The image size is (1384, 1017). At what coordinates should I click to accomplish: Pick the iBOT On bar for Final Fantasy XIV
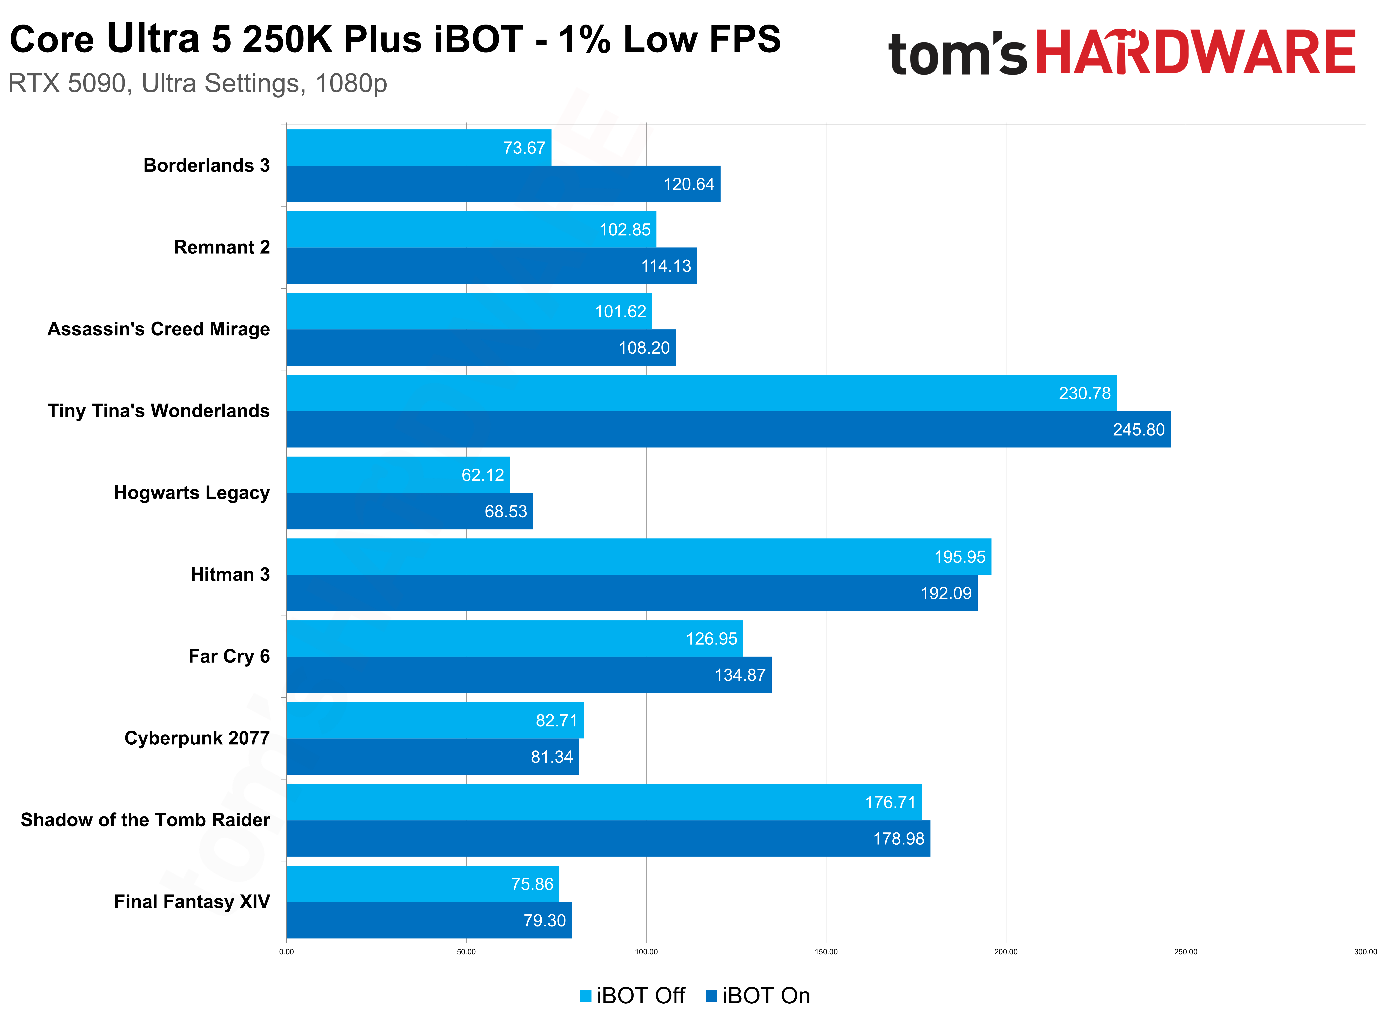429,920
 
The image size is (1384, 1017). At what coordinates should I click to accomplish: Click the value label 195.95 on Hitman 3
959,557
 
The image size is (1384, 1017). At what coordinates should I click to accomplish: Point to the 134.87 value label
740,675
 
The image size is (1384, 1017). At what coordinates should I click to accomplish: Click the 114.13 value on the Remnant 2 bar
666,266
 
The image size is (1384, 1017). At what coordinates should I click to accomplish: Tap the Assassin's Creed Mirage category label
158,329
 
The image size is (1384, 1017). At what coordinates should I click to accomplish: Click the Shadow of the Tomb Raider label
145,820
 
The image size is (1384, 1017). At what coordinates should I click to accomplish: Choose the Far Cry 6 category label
229,656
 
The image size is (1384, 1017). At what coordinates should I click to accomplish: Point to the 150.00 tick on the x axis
826,952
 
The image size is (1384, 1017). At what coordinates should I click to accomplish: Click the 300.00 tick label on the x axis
1365,952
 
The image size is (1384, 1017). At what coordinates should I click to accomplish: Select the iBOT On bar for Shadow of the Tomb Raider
608,838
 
